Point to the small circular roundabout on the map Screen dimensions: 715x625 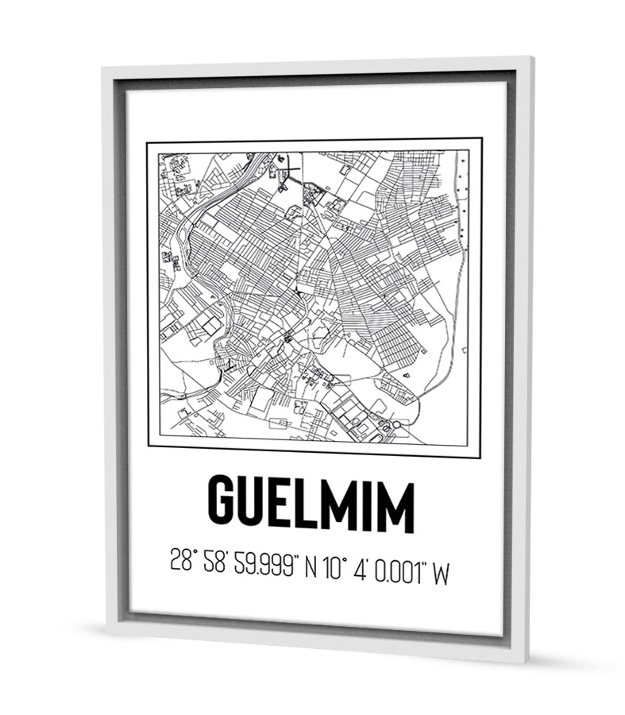pos(396,425)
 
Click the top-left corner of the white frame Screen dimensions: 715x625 pos(103,70)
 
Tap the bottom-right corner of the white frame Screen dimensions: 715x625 pos(527,662)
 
